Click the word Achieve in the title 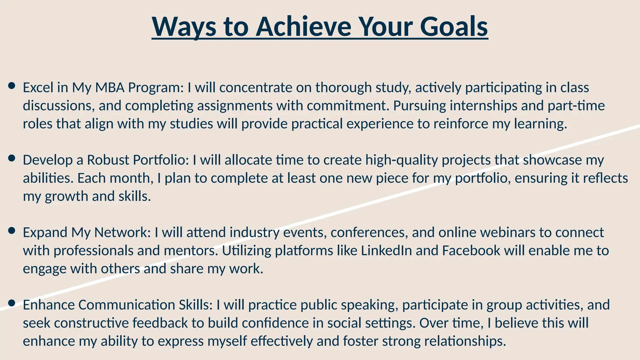303,27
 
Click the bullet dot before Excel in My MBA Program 12,86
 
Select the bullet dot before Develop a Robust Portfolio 12,158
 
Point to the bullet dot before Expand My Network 12,231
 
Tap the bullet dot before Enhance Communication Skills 12,303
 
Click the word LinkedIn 386,251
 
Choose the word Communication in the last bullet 127,305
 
